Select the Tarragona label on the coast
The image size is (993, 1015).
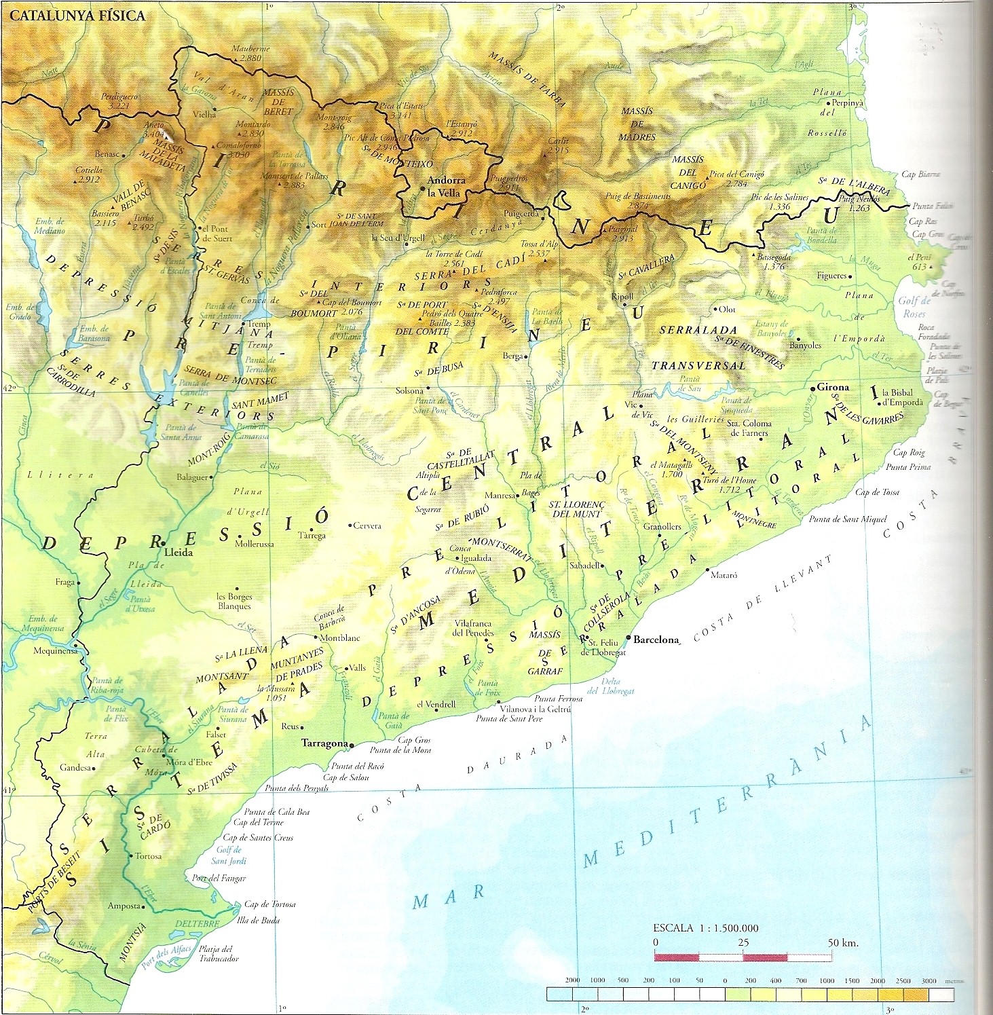coord(324,743)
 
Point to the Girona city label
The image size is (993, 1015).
coord(833,387)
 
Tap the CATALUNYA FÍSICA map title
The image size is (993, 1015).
coord(77,16)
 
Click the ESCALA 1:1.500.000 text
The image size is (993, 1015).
coord(705,928)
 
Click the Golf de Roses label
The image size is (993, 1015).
coord(914,308)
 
